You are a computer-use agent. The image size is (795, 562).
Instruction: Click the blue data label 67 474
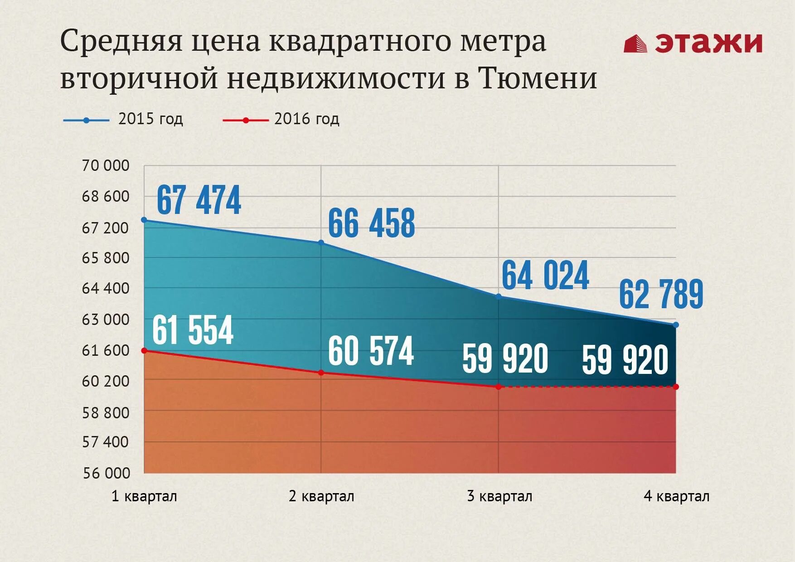[x=199, y=200]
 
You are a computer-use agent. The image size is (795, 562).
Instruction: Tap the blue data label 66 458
[x=371, y=223]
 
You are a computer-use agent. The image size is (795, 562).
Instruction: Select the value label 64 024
[x=545, y=275]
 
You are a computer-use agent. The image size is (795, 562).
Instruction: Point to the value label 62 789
[x=661, y=294]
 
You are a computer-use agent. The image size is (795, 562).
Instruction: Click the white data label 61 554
[x=193, y=330]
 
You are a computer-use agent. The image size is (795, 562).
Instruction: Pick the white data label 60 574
[x=371, y=351]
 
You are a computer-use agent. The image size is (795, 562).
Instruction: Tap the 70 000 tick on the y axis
[x=105, y=165]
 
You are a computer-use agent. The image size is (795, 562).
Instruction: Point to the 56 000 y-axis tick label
[x=106, y=473]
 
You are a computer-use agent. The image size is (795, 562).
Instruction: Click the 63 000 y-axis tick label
[x=105, y=320]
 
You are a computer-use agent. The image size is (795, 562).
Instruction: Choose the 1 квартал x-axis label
[x=144, y=496]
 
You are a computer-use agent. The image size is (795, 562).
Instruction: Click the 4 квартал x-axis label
[x=676, y=496]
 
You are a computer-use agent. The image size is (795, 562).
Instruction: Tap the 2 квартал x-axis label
[x=321, y=496]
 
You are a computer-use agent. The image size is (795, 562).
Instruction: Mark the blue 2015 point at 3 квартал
[x=499, y=296]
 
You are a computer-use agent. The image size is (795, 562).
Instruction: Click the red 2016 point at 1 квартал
[x=144, y=350]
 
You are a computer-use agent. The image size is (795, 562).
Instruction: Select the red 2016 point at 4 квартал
[x=676, y=387]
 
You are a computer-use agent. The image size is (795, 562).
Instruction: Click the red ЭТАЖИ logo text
[x=708, y=43]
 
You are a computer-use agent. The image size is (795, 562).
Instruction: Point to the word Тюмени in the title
[x=537, y=78]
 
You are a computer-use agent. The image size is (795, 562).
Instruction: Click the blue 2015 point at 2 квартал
[x=321, y=242]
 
